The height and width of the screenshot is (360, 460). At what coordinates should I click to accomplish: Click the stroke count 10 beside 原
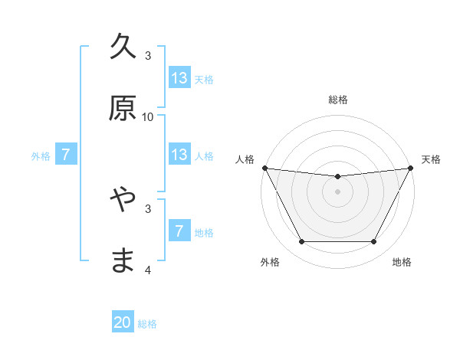click(x=148, y=116)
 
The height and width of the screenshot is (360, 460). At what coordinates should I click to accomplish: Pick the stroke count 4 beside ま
click(x=148, y=270)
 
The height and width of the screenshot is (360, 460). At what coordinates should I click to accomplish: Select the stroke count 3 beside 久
click(x=148, y=56)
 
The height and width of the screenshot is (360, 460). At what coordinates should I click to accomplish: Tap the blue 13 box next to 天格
click(x=179, y=78)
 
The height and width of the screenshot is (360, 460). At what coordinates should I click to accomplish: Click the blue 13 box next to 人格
click(x=179, y=155)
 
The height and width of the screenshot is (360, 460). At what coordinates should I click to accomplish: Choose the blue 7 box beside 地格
click(x=179, y=231)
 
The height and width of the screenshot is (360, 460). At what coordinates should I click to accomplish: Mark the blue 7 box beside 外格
click(x=66, y=155)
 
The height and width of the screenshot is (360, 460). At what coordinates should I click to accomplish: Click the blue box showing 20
click(x=123, y=323)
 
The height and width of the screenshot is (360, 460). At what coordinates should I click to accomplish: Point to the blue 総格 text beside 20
click(x=147, y=324)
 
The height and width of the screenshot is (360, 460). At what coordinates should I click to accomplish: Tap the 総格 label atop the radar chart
click(x=337, y=100)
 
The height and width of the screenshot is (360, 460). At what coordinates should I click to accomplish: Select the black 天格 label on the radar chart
click(x=431, y=159)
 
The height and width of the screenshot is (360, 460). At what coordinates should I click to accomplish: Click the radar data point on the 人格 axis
click(x=264, y=168)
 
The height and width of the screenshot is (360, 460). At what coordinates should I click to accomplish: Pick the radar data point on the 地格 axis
click(x=374, y=242)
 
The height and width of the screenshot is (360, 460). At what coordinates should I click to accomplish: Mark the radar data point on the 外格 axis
click(x=301, y=242)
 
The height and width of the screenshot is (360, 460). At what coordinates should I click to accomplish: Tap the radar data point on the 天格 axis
click(x=411, y=168)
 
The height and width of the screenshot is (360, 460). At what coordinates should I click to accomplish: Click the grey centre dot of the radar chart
click(x=337, y=191)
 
